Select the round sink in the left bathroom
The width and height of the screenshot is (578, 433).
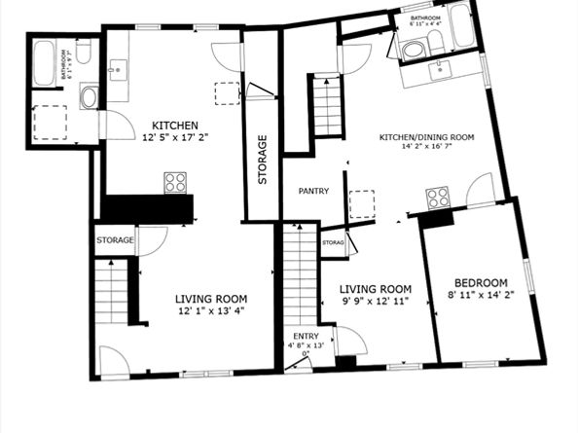(89, 95)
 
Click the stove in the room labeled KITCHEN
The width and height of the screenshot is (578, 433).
(175, 182)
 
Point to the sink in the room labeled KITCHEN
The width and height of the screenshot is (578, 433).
(120, 68)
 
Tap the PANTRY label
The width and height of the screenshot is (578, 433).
(313, 191)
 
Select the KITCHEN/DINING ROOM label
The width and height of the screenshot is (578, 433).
(426, 138)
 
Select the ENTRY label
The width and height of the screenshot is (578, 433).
(306, 336)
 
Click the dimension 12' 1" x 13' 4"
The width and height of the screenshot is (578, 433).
(211, 312)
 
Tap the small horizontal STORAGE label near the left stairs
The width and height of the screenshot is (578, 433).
(115, 239)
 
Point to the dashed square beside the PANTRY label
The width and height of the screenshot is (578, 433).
(362, 203)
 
